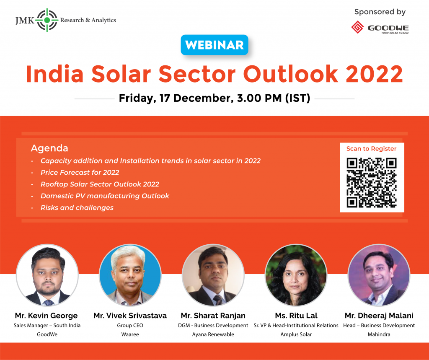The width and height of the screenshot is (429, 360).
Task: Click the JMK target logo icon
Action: (x=47, y=20)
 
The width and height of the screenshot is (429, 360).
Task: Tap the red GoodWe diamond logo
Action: (x=358, y=27)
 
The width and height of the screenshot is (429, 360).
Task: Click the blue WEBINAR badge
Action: (x=214, y=45)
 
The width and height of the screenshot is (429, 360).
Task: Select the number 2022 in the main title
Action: (x=374, y=74)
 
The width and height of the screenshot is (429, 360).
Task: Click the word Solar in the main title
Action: (x=121, y=74)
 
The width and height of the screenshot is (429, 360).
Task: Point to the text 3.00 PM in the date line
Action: (x=259, y=98)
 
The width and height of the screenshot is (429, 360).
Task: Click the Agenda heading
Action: (x=49, y=148)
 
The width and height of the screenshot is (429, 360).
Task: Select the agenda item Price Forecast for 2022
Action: (x=80, y=173)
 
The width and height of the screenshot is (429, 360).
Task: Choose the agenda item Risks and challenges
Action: (x=77, y=207)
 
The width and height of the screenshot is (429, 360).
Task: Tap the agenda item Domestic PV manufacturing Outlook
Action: (x=105, y=196)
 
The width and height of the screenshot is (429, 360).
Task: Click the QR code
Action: (x=372, y=183)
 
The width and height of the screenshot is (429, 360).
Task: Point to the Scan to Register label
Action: (x=371, y=149)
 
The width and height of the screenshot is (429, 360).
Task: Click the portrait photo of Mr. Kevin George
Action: (x=47, y=275)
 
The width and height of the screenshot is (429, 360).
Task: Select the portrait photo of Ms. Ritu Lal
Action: (x=296, y=275)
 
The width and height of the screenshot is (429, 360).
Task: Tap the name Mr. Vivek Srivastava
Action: (x=130, y=316)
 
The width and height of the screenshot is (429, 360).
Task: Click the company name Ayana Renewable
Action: (x=213, y=334)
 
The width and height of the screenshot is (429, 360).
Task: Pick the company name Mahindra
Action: (x=379, y=334)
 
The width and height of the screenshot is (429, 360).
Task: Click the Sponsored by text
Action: (x=380, y=12)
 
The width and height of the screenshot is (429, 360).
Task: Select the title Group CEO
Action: (x=130, y=326)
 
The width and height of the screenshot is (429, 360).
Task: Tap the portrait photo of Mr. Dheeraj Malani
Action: (x=379, y=275)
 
